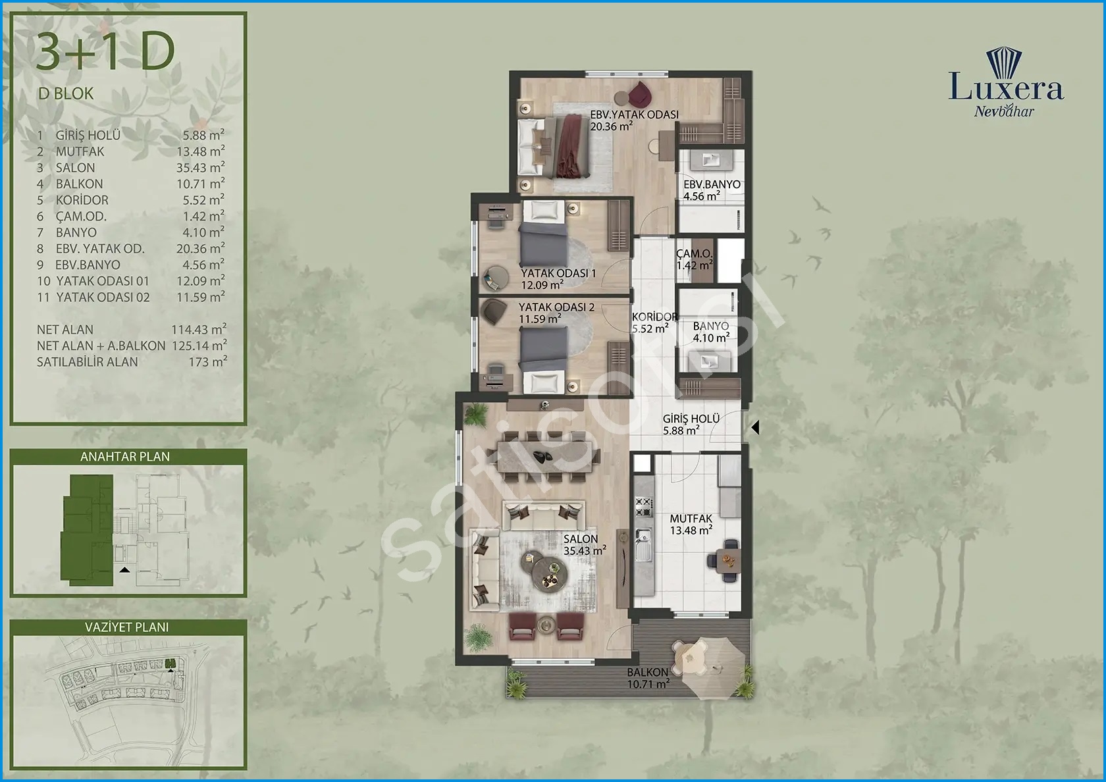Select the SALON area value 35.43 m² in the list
(200, 167)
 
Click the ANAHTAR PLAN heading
(125, 457)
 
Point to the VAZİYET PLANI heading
(127, 627)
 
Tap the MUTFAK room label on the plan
(691, 519)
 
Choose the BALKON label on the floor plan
(647, 672)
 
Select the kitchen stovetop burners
(643, 507)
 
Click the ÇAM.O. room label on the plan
(694, 254)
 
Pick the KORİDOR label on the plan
(654, 317)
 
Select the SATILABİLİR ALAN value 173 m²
(207, 362)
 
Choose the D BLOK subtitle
(66, 93)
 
